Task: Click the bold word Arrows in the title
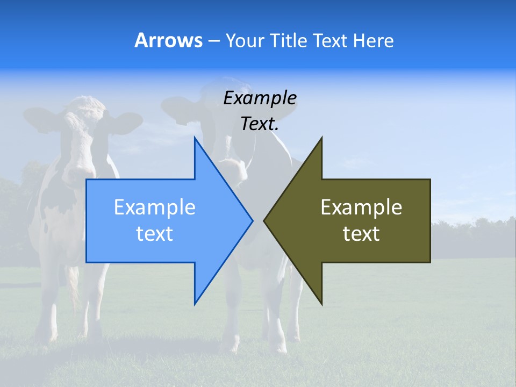pyautogui.click(x=168, y=40)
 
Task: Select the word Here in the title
pyautogui.click(x=373, y=41)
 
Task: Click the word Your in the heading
pyautogui.click(x=245, y=41)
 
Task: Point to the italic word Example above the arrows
pyautogui.click(x=260, y=98)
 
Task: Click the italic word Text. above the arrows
pyautogui.click(x=260, y=124)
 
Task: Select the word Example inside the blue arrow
pyautogui.click(x=155, y=207)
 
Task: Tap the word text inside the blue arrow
pyautogui.click(x=155, y=234)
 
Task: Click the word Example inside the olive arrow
pyautogui.click(x=361, y=207)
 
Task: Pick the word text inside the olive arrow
pyautogui.click(x=361, y=234)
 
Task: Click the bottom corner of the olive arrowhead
pyautogui.click(x=321, y=304)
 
